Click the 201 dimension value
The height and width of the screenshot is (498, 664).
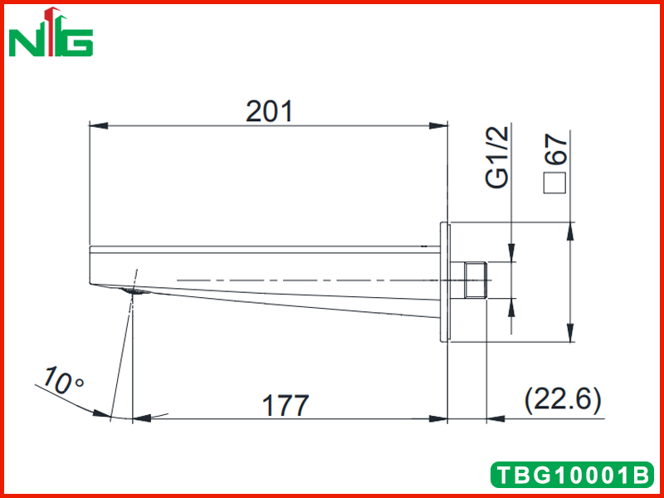(269, 111)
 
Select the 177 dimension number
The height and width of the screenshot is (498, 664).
(286, 405)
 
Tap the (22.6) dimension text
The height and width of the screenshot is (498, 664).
(563, 400)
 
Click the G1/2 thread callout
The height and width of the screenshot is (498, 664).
(496, 157)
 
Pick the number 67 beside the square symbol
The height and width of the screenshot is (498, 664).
(555, 149)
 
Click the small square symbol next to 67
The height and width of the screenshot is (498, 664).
(554, 183)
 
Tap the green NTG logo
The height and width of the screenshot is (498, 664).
(51, 32)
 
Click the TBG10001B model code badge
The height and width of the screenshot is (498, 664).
(572, 475)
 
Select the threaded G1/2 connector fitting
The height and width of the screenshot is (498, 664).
(475, 280)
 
